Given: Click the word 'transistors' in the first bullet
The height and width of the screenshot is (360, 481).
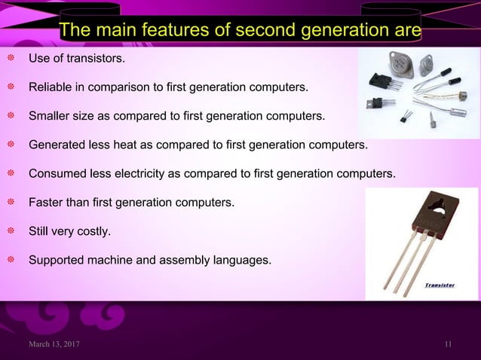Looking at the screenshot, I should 94,58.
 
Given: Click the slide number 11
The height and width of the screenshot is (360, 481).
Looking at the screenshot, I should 449,345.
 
